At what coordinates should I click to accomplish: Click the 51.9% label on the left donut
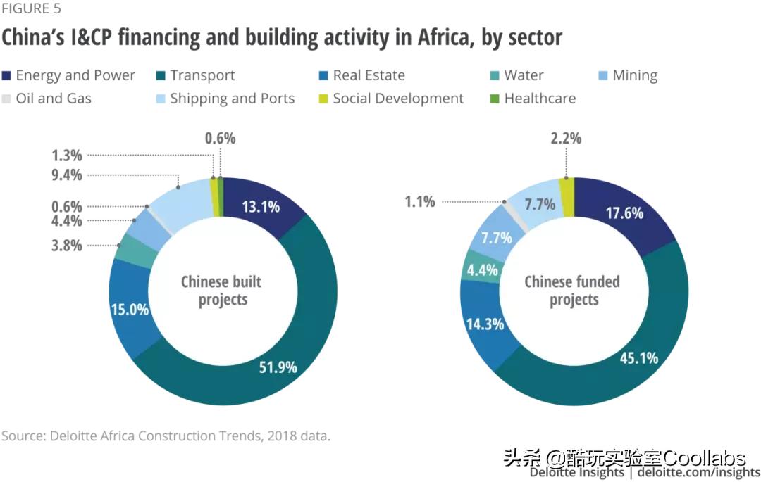[278, 367]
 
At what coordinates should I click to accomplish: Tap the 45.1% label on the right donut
[638, 357]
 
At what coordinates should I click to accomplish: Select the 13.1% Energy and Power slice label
[260, 206]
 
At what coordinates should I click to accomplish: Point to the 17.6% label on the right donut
[624, 213]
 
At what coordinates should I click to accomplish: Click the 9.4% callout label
[67, 175]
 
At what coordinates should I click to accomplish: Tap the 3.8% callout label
[67, 246]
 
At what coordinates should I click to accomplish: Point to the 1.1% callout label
[419, 202]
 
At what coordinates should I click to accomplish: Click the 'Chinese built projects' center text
[221, 291]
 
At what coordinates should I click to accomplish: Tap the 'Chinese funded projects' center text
[572, 291]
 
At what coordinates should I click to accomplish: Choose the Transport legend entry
[202, 75]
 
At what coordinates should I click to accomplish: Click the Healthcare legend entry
[540, 99]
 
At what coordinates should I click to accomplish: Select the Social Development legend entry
[398, 99]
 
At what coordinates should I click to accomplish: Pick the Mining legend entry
[634, 75]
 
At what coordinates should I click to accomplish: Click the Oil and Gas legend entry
[54, 99]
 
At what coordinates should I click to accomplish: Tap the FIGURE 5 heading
[31, 9]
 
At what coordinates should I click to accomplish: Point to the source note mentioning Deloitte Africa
[166, 436]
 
